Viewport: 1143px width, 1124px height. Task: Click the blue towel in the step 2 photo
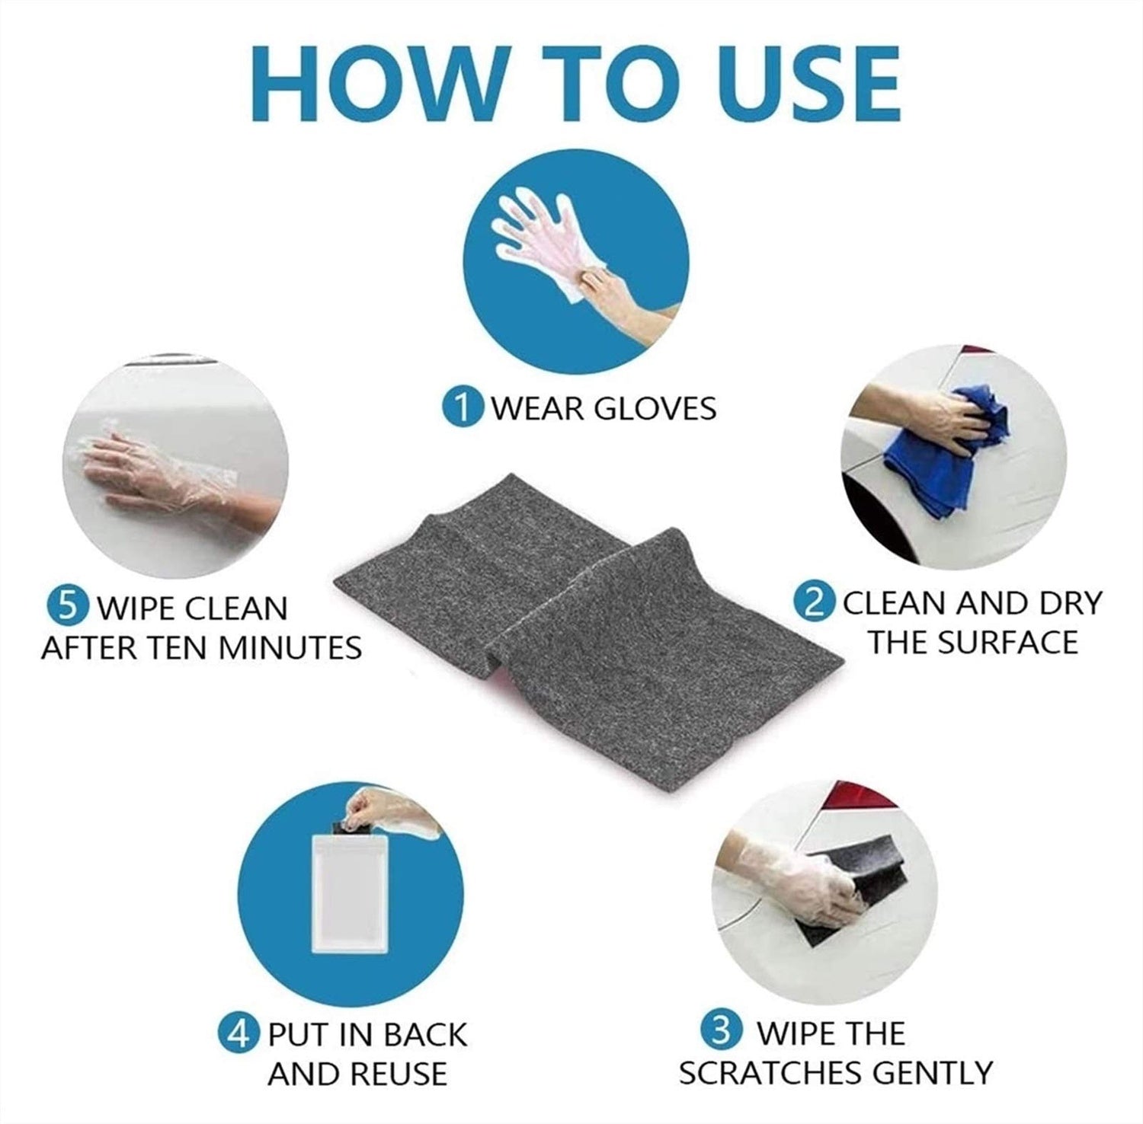click(x=945, y=449)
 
